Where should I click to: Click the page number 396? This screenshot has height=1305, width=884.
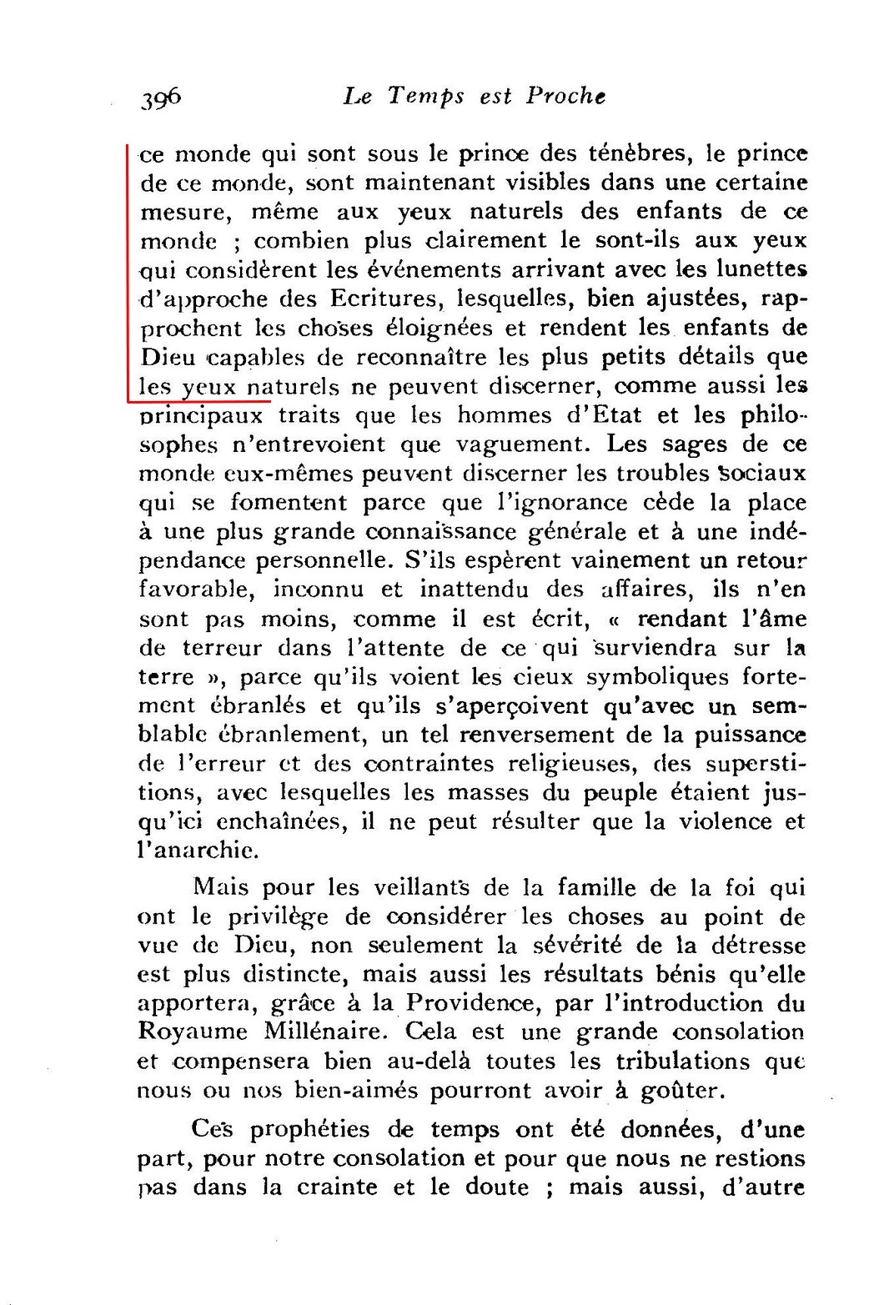(161, 98)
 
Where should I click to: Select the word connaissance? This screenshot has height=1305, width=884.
(433, 531)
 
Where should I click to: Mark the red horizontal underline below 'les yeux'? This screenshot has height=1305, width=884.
(200, 401)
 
